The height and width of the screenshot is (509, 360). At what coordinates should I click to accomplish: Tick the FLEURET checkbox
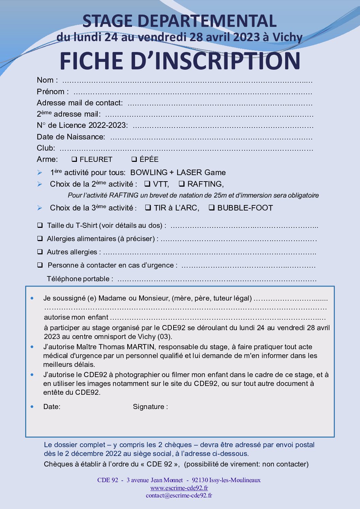[74, 159]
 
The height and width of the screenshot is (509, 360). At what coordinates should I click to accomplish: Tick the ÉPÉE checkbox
[134, 159]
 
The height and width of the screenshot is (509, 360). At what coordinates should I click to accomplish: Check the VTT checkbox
[147, 184]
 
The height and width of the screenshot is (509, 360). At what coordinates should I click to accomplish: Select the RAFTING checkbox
[182, 184]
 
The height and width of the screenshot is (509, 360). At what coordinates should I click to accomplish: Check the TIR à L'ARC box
[148, 208]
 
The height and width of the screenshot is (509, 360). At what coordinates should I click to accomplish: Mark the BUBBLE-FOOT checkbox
[211, 208]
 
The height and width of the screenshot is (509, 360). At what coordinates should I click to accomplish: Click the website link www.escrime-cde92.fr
[179, 488]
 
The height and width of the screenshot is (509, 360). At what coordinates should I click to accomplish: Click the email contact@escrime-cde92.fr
[179, 495]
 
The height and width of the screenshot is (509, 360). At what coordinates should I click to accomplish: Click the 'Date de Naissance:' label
[71, 137]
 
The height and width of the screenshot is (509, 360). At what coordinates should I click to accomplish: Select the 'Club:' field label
[46, 148]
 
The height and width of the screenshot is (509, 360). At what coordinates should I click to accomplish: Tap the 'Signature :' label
[150, 407]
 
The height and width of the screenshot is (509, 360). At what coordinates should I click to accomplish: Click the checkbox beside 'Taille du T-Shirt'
[40, 225]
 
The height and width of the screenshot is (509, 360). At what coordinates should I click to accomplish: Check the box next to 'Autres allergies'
[40, 252]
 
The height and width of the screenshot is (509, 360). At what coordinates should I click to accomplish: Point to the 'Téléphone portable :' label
[80, 279]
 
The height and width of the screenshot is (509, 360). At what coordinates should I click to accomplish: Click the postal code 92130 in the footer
[200, 480]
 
